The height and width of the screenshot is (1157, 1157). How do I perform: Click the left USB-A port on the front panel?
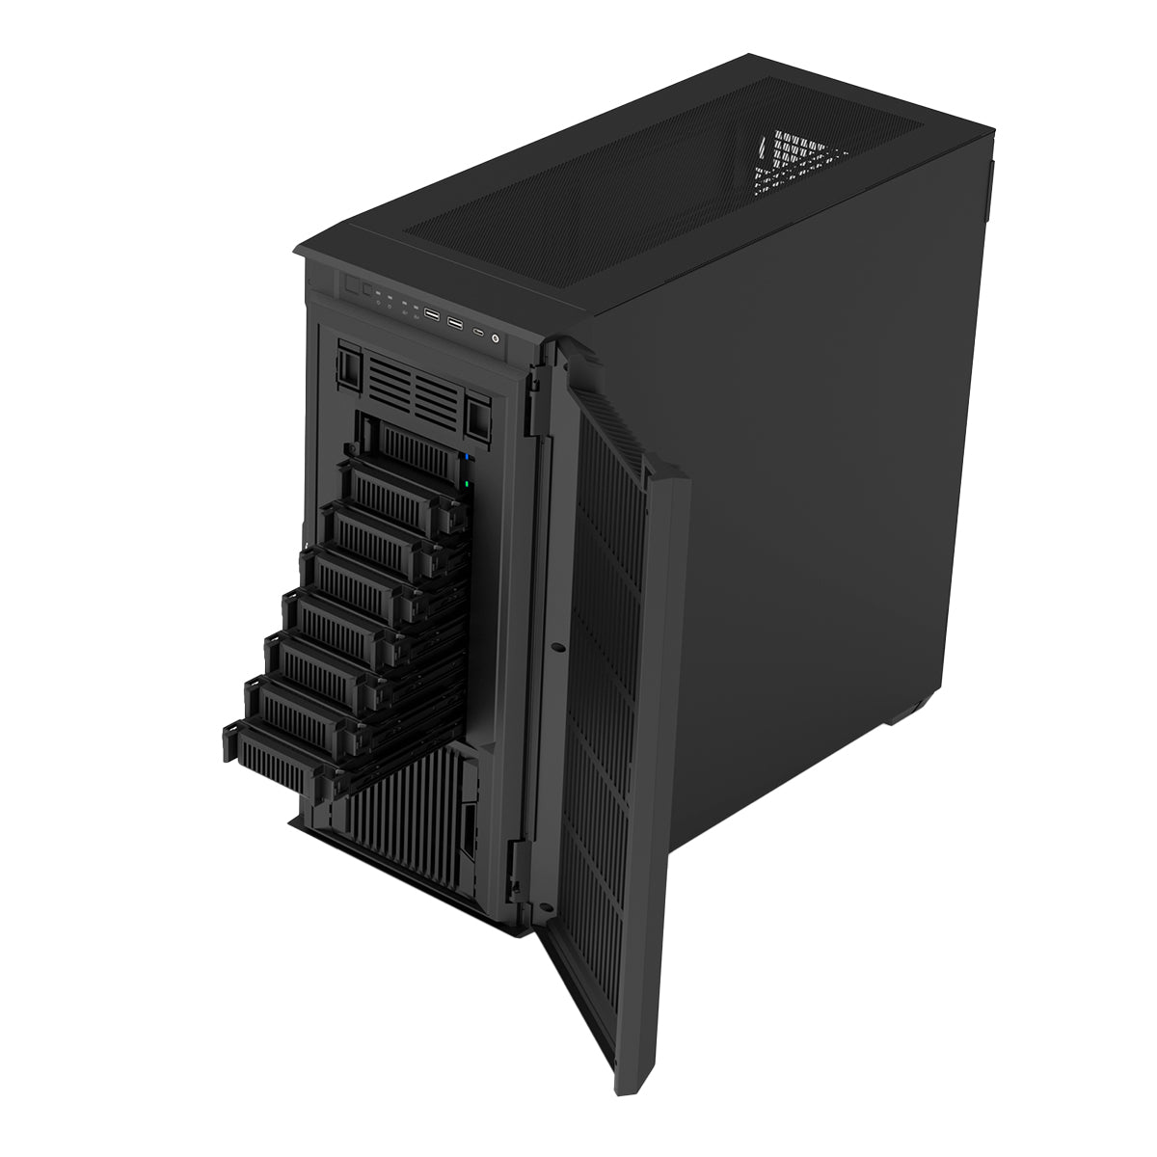pos(431,315)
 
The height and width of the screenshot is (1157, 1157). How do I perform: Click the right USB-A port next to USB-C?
pos(455,322)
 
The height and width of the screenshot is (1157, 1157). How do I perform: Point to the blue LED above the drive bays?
pos(467,457)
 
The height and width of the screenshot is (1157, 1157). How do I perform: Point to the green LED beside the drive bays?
pos(466,485)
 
